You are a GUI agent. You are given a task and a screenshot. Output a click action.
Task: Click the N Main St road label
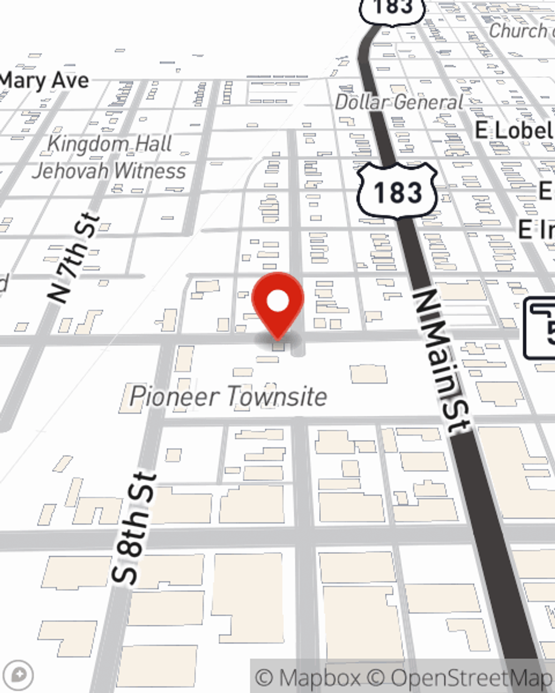point(442,360)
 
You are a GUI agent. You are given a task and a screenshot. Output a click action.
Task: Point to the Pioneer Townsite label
point(228,396)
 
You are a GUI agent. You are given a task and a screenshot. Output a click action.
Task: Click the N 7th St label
point(74,258)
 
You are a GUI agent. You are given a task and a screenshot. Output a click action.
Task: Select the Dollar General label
point(398,102)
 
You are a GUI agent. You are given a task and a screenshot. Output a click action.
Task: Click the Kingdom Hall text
point(109,144)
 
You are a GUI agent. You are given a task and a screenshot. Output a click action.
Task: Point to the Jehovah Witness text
point(109,171)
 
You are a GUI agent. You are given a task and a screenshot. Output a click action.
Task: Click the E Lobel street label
point(514,131)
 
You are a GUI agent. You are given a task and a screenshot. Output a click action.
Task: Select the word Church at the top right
point(517,30)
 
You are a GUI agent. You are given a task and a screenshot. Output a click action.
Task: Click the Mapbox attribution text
point(309,677)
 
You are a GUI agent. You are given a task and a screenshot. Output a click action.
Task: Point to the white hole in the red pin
point(277,302)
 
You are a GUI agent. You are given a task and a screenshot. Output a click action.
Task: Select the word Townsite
point(277,396)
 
